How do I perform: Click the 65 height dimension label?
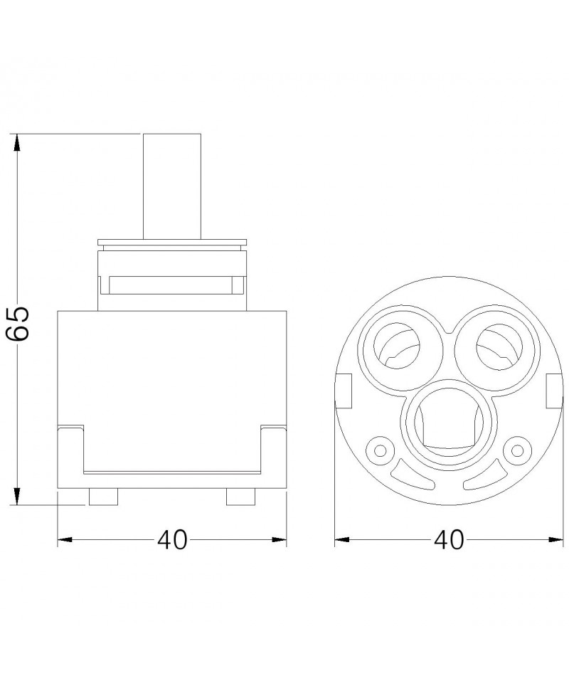pos(18,323)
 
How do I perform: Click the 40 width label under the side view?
pos(172,540)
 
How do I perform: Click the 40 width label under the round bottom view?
pos(449,540)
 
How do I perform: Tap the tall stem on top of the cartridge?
pos(172,186)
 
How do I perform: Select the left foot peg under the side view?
pos(103,497)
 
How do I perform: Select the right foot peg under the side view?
pos(240,497)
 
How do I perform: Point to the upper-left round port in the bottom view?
pos(397,346)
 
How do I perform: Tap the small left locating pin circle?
pos(381,450)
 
